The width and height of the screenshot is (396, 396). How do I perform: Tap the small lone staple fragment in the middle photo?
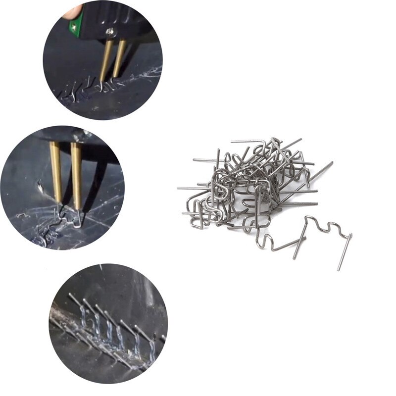click(22, 215)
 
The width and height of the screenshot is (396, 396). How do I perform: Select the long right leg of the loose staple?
click(345, 252)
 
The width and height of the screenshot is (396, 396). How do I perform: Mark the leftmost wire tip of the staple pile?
click(179, 188)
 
